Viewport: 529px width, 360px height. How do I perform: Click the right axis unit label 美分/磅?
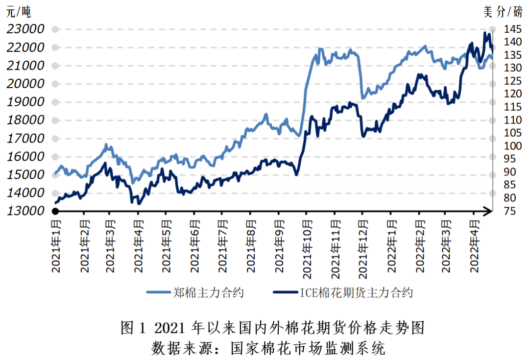tap(503, 11)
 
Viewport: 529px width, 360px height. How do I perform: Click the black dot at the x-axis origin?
tap(55, 211)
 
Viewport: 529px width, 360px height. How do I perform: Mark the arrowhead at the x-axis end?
tap(489, 211)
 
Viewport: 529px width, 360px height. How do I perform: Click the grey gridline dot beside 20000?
tap(55, 84)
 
